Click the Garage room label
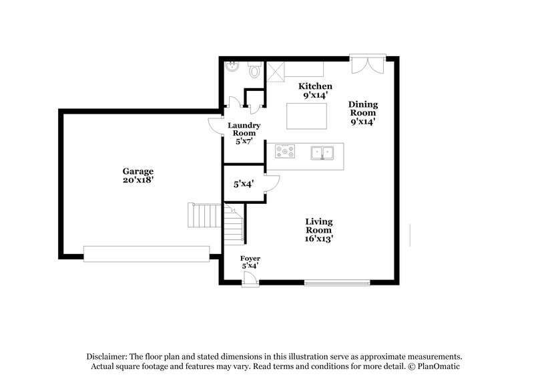tap(138, 175)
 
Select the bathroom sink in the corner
tap(232, 67)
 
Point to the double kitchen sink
tap(323, 153)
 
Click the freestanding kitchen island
tap(306, 116)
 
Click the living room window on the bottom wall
tap(337, 283)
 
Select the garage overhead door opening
tap(146, 254)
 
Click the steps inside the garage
tap(204, 216)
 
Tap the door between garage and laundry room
tap(215, 126)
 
